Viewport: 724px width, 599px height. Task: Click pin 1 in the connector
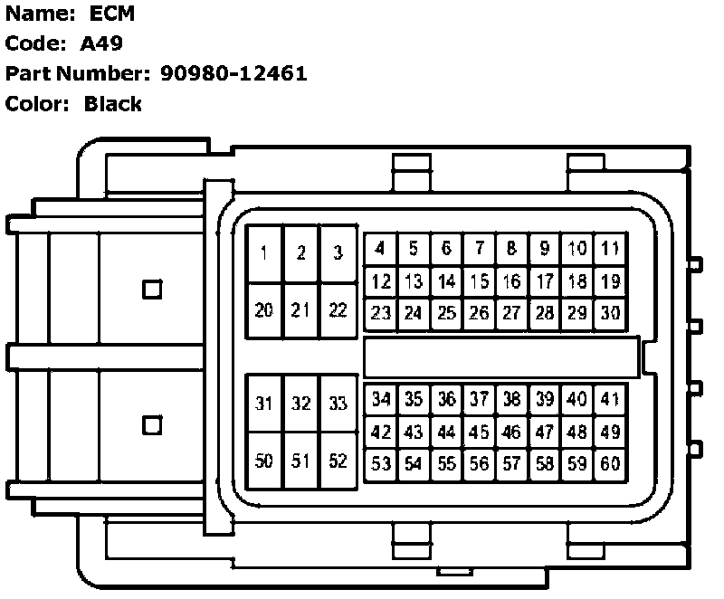coord(263,253)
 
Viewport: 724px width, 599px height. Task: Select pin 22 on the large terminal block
coord(338,310)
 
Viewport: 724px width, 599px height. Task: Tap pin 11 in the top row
coord(610,248)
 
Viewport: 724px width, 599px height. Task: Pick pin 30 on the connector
coord(610,314)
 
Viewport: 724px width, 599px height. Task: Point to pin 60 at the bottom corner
coord(610,464)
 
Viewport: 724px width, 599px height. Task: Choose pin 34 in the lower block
coord(381,399)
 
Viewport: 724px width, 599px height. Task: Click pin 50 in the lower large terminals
coord(263,461)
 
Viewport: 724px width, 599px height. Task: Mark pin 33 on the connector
coord(338,404)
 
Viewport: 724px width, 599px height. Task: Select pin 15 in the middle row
coord(480,281)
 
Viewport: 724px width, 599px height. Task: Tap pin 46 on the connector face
coord(512,432)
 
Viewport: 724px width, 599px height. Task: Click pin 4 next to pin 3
coord(381,248)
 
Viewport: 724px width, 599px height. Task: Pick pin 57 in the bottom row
coord(512,464)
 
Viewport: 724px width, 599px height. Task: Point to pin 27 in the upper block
coord(512,314)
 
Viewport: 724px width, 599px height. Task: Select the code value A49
coord(101,43)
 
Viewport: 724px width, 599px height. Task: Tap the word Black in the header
coord(113,103)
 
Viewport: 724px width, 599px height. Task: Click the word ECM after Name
coord(112,14)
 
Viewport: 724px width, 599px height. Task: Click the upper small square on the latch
coord(153,290)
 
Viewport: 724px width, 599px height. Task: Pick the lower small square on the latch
coord(153,423)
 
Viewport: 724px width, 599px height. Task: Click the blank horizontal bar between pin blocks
coord(500,357)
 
